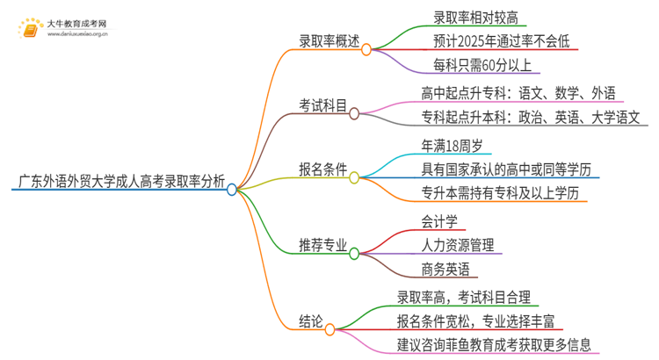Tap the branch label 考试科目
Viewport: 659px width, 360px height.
coord(323,107)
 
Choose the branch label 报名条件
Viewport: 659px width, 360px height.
coord(323,170)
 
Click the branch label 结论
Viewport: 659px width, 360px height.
coord(310,320)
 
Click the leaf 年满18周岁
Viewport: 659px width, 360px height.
coord(453,145)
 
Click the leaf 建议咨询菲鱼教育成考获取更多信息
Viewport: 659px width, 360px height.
coord(494,344)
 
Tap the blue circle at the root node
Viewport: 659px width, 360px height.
coord(232,188)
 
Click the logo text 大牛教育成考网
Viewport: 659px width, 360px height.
coord(77,23)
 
